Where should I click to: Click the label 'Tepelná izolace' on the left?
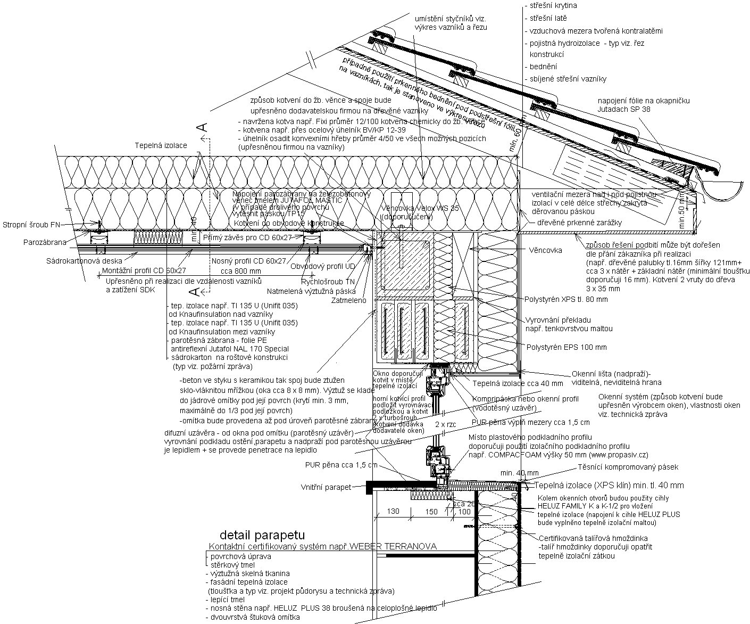[161, 145]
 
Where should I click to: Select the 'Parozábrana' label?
[45, 242]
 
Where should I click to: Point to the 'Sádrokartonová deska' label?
[84, 261]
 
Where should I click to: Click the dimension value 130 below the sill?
[393, 512]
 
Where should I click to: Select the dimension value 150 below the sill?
[431, 512]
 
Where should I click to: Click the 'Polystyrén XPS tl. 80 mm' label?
[566, 299]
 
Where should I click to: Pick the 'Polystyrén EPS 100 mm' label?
[566, 347]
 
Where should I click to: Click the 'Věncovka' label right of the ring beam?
[545, 250]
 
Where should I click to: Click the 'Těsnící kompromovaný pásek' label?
[628, 467]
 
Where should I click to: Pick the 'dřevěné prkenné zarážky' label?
[579, 223]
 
